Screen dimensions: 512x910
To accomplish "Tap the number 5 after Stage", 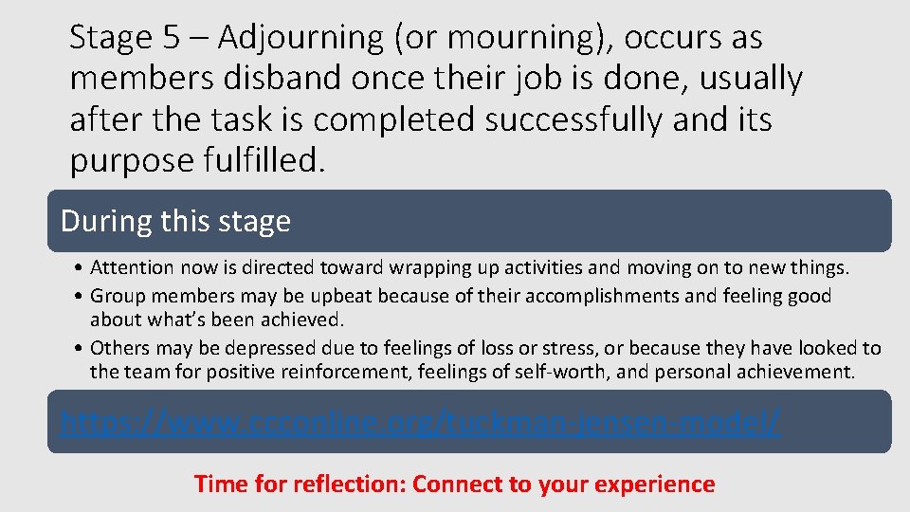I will [x=171, y=39].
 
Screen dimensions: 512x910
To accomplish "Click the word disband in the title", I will [x=282, y=80].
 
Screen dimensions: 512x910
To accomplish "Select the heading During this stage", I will [x=175, y=221].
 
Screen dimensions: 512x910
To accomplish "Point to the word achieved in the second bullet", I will [x=302, y=319].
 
